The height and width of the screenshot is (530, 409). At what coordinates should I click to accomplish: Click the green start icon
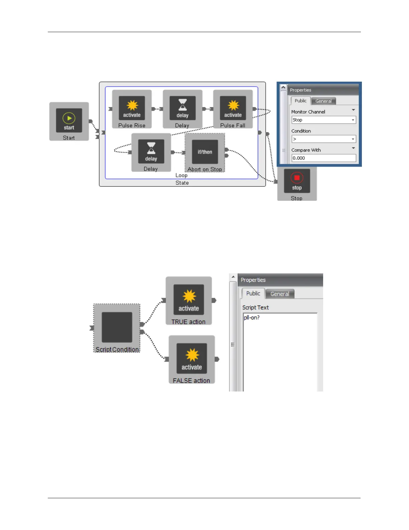tap(69, 118)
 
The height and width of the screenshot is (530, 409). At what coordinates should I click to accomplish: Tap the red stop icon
tap(297, 178)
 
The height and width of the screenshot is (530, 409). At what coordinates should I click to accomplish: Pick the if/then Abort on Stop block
tap(205, 152)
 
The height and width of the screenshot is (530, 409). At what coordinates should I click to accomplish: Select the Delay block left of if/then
tap(151, 151)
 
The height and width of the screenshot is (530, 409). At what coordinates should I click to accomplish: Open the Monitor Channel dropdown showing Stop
tap(323, 120)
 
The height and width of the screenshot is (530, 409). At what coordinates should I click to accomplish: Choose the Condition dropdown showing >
tap(323, 139)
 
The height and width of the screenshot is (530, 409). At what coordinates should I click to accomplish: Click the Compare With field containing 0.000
tap(323, 158)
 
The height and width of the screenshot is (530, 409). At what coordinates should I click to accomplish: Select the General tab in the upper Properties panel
tap(323, 101)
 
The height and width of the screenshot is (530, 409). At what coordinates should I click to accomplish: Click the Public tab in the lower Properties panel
tap(253, 293)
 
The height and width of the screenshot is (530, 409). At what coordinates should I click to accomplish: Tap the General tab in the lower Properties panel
tap(280, 294)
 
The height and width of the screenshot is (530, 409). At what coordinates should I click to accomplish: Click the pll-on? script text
tap(252, 318)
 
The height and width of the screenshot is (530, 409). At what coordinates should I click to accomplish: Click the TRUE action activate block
tap(189, 299)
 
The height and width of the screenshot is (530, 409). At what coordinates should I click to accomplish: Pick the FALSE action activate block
tap(192, 358)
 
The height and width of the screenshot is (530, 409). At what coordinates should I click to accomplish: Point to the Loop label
tap(181, 175)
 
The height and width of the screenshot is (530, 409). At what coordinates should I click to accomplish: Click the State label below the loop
tap(182, 183)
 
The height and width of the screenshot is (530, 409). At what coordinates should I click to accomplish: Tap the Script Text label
tap(255, 307)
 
